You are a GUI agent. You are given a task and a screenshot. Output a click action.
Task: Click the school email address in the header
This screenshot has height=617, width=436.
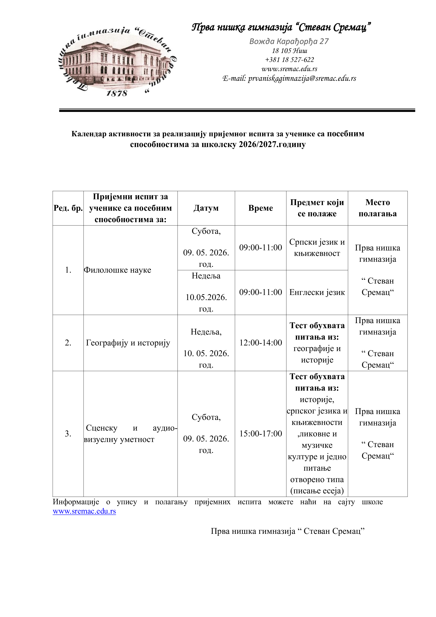[289, 78]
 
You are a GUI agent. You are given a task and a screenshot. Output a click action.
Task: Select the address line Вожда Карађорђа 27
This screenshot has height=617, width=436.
[289, 41]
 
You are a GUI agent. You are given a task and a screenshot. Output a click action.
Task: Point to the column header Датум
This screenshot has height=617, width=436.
[206, 208]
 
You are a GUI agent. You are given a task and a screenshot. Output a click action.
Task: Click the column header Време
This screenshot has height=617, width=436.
[260, 208]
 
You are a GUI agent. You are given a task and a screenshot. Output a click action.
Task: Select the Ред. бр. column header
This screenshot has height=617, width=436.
[68, 208]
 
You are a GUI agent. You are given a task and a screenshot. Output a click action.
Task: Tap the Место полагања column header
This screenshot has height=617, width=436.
[377, 208]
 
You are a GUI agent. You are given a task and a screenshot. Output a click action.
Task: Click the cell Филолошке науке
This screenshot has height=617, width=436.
[118, 270]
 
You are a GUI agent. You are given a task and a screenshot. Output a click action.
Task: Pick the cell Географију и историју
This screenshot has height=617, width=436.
[128, 343]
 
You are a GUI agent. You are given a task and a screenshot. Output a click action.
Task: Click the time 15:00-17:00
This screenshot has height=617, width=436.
[260, 433]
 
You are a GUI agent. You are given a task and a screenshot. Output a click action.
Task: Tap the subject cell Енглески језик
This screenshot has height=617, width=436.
[317, 292]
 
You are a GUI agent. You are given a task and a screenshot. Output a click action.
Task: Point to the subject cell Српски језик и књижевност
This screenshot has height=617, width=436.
[317, 247]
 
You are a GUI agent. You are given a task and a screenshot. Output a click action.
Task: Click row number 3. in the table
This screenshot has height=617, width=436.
[68, 433]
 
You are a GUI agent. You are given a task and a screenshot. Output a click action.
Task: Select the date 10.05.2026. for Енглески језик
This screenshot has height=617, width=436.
[206, 297]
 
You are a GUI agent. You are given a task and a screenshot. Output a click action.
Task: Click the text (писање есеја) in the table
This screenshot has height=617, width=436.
[317, 491]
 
